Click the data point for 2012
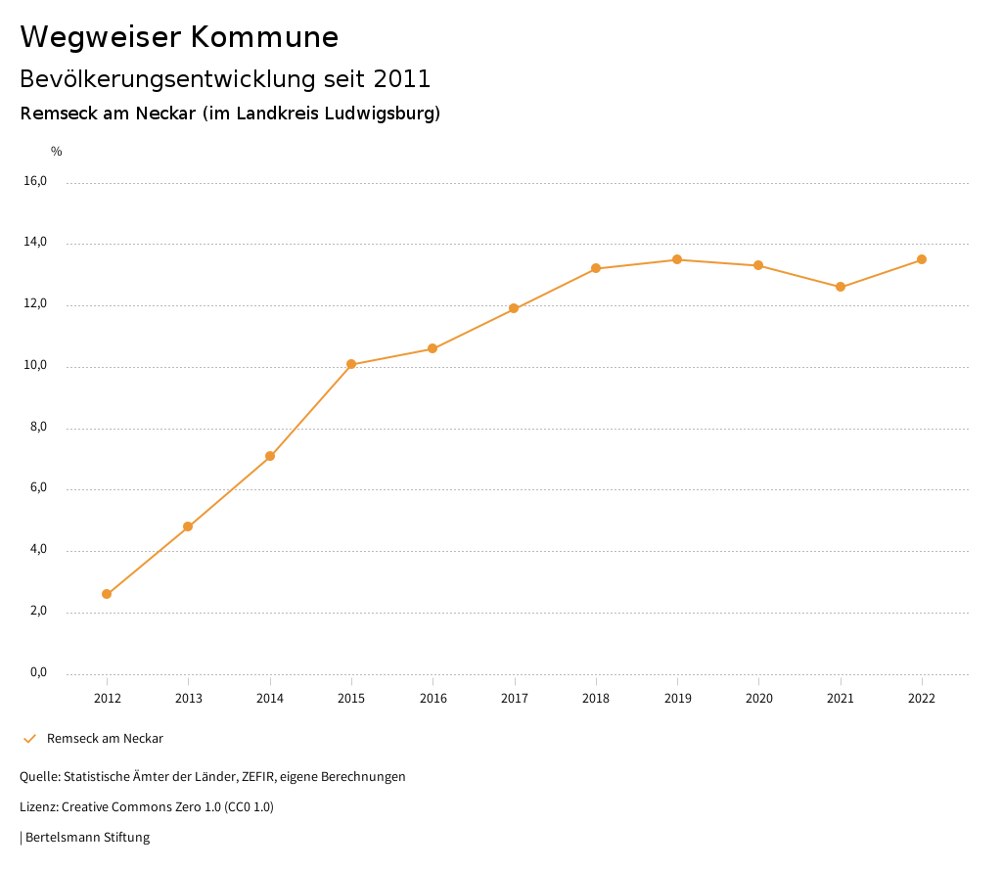(x=107, y=594)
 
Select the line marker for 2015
(x=351, y=365)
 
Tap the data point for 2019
(x=677, y=259)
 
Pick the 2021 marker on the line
(x=841, y=287)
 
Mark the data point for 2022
(x=922, y=259)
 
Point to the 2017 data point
(x=514, y=308)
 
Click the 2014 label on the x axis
(x=270, y=699)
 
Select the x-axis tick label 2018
(x=596, y=699)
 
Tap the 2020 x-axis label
(x=759, y=699)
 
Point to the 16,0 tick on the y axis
(x=35, y=181)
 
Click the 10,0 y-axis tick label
(x=35, y=366)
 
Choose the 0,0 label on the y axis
(x=37, y=672)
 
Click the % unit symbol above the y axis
(x=57, y=152)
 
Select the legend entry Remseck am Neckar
(x=105, y=739)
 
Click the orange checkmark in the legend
(x=29, y=739)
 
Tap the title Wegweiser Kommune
(x=179, y=37)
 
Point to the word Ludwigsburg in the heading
(x=386, y=114)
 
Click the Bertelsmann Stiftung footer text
(x=87, y=838)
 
